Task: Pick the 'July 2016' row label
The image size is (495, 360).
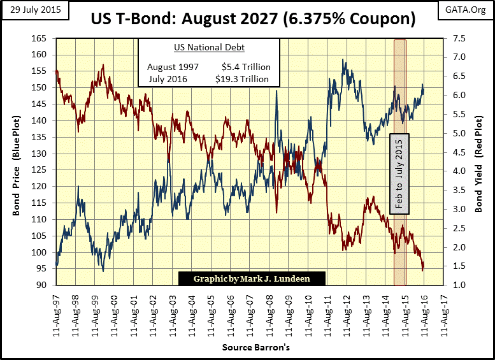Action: click(170, 79)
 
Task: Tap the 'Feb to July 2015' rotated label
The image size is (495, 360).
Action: click(399, 174)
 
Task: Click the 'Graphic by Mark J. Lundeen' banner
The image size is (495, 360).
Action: click(252, 278)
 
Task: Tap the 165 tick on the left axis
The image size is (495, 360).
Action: click(40, 39)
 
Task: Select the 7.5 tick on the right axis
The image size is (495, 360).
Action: click(460, 39)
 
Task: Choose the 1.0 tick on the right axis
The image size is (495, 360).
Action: click(460, 285)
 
